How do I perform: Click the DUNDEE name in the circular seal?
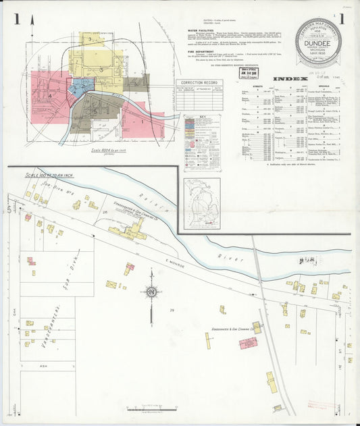pyautogui.click(x=318, y=39)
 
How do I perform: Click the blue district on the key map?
pyautogui.click(x=83, y=86)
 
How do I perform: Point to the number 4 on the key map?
pyautogui.click(x=51, y=96)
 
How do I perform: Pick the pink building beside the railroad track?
pyautogui.click(x=248, y=343)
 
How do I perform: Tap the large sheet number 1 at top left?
pyautogui.click(x=16, y=19)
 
